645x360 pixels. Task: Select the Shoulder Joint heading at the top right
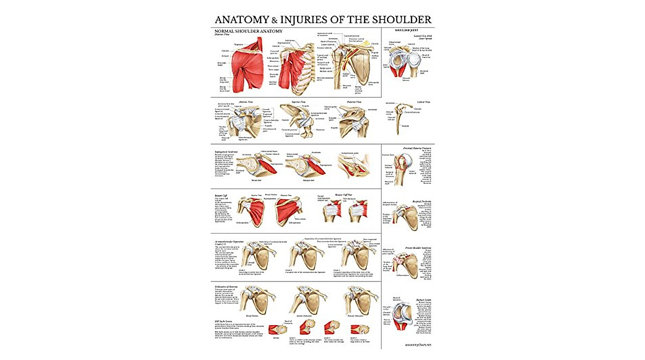(407, 30)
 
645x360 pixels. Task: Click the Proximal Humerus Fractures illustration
(400, 170)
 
